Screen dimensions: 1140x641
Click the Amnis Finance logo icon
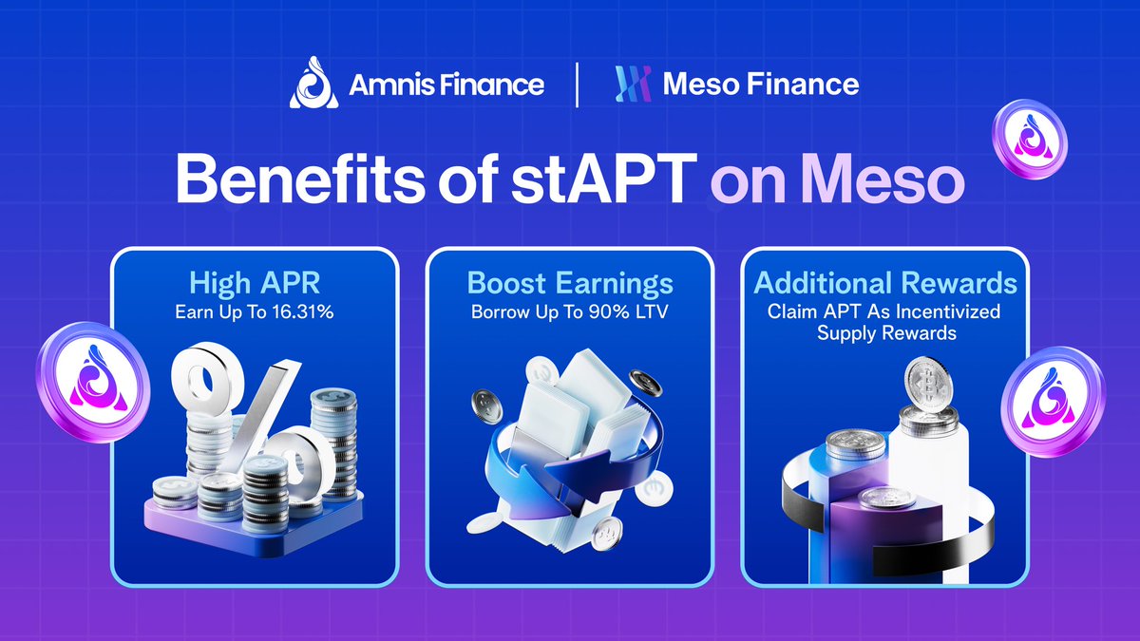[314, 83]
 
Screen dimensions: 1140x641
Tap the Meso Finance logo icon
[633, 84]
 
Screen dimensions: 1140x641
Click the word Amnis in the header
[389, 84]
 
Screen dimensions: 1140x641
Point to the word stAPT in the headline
[603, 179]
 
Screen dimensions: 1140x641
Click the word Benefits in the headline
[300, 179]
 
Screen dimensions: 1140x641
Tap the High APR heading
[255, 283]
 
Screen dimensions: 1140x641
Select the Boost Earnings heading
[570, 283]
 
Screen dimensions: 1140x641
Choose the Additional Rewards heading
[885, 283]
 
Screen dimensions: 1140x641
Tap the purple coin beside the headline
[1029, 139]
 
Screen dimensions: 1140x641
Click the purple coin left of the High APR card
[93, 382]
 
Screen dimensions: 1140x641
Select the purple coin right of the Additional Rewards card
[1053, 402]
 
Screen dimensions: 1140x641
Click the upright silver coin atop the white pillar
[928, 384]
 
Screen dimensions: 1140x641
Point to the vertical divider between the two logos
[577, 85]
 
